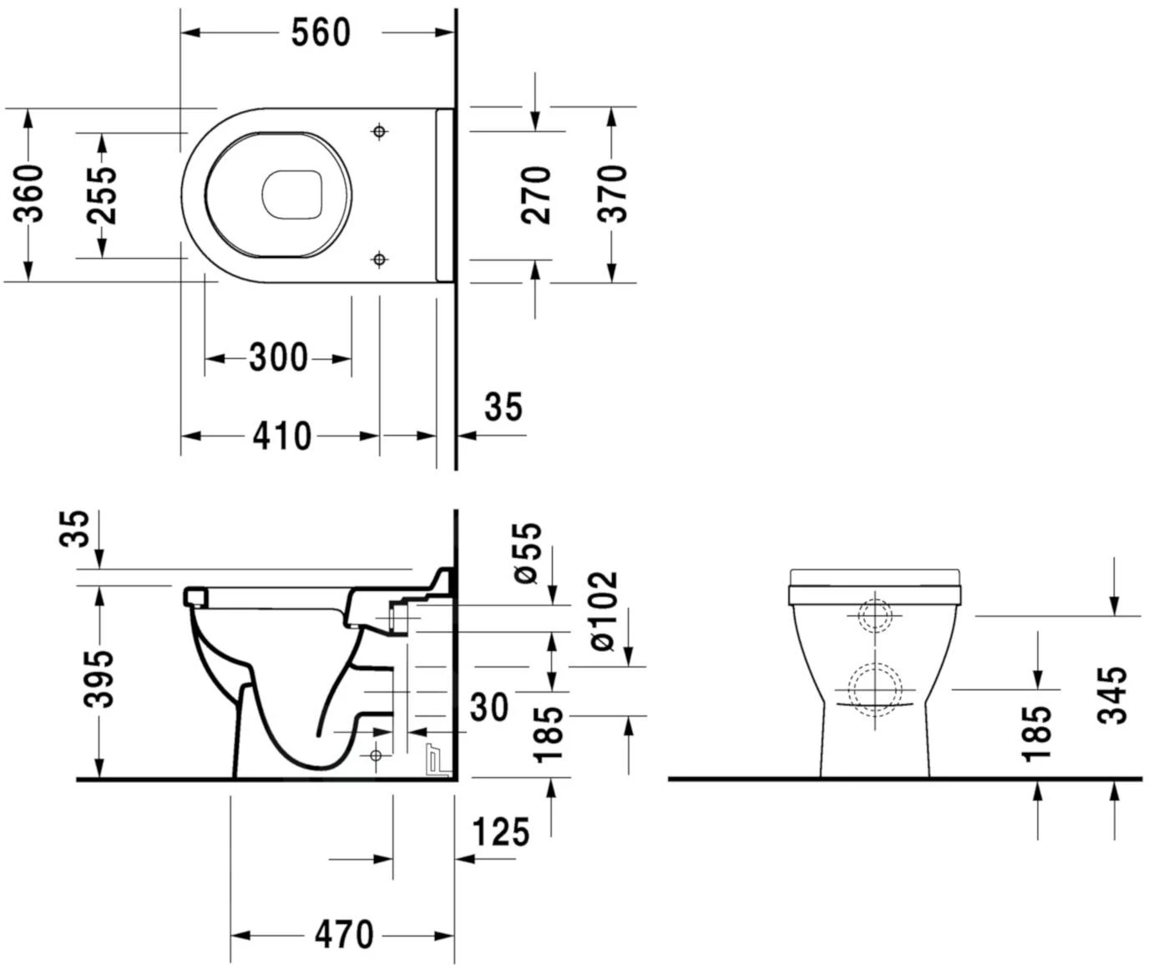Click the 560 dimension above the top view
(x=321, y=33)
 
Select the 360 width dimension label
(x=30, y=194)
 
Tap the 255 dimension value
(x=102, y=194)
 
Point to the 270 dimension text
(x=536, y=194)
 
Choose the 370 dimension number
(x=612, y=194)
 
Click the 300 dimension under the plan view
(x=278, y=358)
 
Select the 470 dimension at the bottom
(x=344, y=935)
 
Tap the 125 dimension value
(x=500, y=832)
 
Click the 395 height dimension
(x=100, y=678)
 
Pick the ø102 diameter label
(x=603, y=610)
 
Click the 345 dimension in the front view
(x=1113, y=695)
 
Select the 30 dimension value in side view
(x=489, y=708)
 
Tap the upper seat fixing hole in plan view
(x=379, y=132)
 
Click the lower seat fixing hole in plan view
(x=379, y=259)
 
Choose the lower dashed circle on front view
(x=874, y=689)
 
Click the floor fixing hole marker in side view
(x=375, y=755)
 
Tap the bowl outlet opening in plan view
(x=292, y=194)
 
